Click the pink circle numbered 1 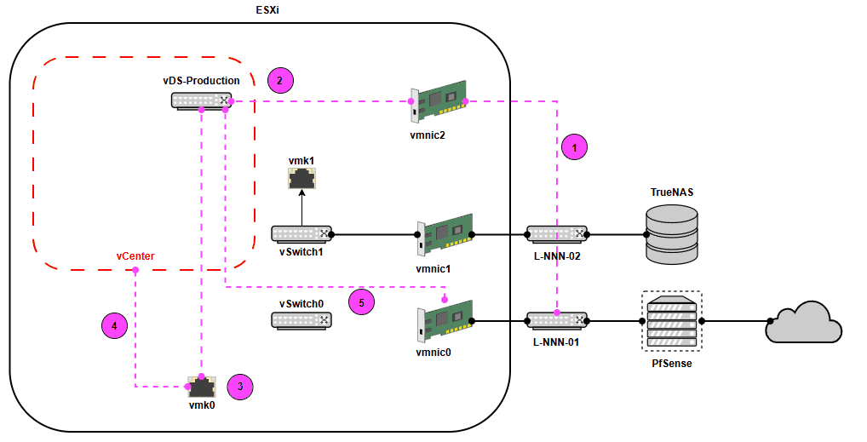pos(576,146)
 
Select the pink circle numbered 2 pos(280,81)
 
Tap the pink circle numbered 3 pos(241,387)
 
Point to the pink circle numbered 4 pos(113,324)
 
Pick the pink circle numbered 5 pos(362,301)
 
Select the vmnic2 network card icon pos(439,102)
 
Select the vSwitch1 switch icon pos(301,233)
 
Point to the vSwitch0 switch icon pos(301,320)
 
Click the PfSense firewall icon pos(671,320)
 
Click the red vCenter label pos(135,255)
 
